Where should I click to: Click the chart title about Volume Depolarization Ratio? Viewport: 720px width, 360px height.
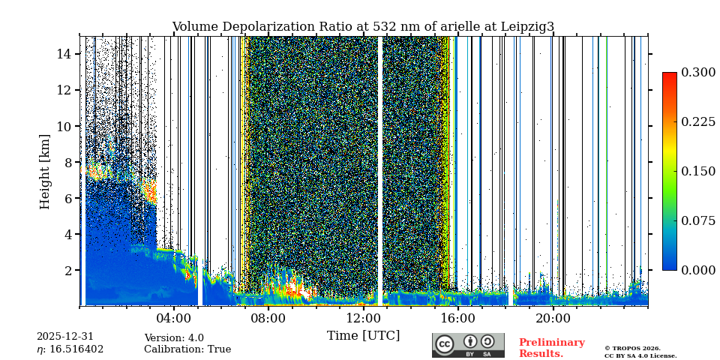pyautogui.click(x=363, y=27)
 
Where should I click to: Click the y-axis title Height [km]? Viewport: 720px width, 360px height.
pyautogui.click(x=45, y=171)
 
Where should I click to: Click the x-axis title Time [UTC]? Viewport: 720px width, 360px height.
pyautogui.click(x=363, y=335)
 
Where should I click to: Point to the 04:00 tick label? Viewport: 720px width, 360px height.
pyautogui.click(x=174, y=318)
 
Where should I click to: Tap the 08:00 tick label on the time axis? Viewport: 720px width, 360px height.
pyautogui.click(x=268, y=318)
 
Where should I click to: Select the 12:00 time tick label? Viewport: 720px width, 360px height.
pyautogui.click(x=363, y=318)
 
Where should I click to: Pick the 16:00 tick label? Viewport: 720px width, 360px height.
pyautogui.click(x=458, y=318)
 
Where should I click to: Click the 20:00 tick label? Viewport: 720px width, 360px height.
pyautogui.click(x=553, y=318)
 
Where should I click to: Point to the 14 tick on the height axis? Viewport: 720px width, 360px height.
pyautogui.click(x=63, y=54)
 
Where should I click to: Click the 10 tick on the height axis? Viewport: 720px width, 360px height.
pyautogui.click(x=63, y=126)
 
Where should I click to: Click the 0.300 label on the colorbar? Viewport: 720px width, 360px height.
pyautogui.click(x=698, y=72)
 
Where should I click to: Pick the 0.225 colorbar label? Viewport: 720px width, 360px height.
pyautogui.click(x=698, y=121)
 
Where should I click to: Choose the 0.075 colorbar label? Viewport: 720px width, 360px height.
pyautogui.click(x=698, y=220)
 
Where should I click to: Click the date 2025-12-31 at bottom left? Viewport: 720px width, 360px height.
pyautogui.click(x=65, y=337)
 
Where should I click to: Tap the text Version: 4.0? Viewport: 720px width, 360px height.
pyautogui.click(x=174, y=338)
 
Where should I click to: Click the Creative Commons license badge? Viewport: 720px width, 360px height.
pyautogui.click(x=468, y=345)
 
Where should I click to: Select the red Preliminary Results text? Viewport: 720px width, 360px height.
pyautogui.click(x=551, y=348)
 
